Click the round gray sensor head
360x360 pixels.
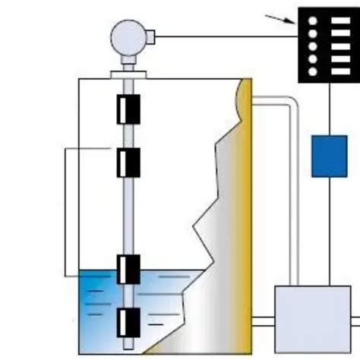[127, 36]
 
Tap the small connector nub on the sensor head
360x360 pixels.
[150, 35]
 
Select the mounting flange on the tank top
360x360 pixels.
[127, 74]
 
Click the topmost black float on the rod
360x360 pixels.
[127, 109]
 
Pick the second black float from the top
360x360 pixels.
[127, 162]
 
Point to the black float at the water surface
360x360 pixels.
[127, 269]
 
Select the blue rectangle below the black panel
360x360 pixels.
[329, 156]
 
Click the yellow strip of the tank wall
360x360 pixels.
[245, 228]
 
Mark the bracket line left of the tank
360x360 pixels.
[65, 213]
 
